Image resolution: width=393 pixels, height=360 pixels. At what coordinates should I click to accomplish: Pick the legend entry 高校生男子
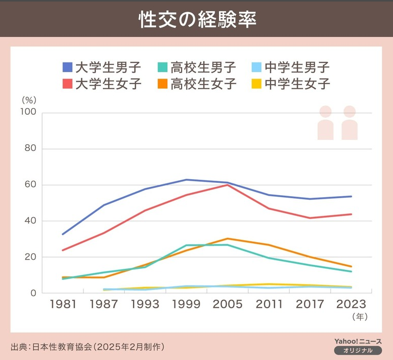tap(196, 67)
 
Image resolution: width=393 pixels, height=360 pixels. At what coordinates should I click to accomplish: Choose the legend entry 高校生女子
tap(196, 83)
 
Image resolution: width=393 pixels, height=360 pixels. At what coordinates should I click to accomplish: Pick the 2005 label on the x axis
tap(227, 304)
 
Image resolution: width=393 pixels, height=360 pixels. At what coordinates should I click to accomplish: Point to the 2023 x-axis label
tap(352, 304)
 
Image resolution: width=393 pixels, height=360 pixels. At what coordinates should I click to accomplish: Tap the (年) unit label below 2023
tap(360, 317)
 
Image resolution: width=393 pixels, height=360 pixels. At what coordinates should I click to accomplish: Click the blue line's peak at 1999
tap(186, 180)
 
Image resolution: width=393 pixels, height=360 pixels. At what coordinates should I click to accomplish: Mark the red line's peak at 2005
tap(227, 185)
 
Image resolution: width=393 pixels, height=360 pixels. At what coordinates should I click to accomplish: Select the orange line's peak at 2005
tap(227, 239)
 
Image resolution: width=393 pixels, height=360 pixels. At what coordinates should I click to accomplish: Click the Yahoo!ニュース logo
tap(358, 341)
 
